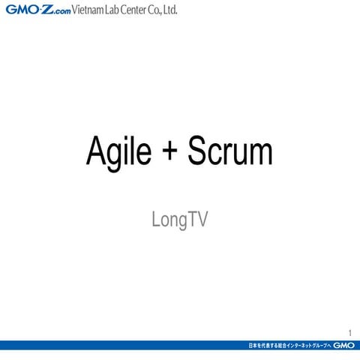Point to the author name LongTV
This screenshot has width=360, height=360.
tap(179, 220)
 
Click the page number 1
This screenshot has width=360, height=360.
tap(349, 333)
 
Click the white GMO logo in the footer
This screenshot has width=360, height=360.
tap(344, 346)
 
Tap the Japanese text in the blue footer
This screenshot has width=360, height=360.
tap(289, 346)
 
